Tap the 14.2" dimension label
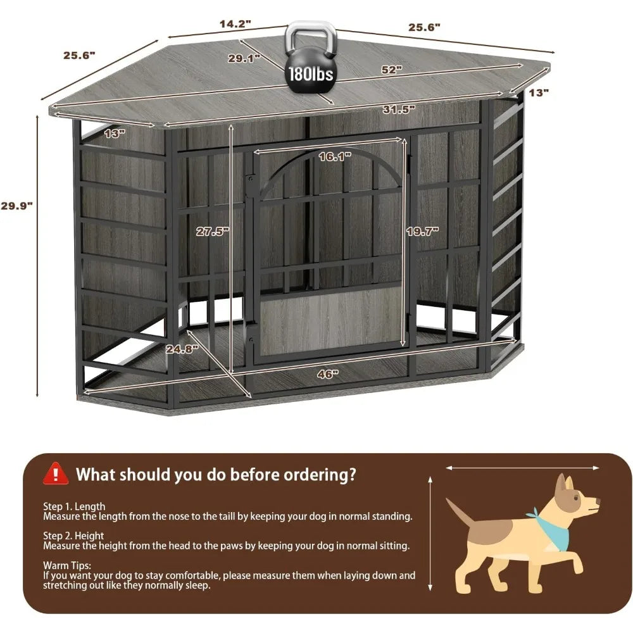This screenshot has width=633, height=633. tap(235, 24)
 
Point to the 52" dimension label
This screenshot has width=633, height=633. tap(392, 70)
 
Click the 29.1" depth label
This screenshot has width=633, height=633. tap(244, 58)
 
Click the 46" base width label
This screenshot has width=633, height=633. tap(325, 373)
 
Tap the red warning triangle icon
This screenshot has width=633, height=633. tap(56, 473)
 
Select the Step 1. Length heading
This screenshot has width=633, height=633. tap(74, 506)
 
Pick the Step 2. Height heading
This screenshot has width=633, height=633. tap(74, 535)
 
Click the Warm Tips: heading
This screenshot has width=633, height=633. tap(67, 565)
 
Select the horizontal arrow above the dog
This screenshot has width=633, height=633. tap(523, 468)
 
